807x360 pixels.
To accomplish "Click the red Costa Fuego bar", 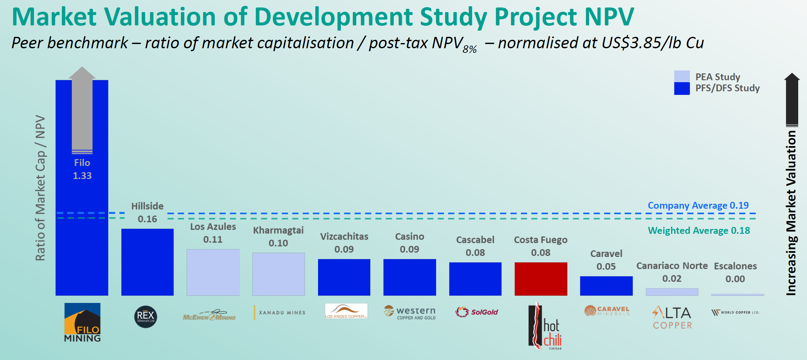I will [541, 279].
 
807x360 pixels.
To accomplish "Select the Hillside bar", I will [147, 262].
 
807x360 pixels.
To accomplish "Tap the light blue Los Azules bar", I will [213, 272].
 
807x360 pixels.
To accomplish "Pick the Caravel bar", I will [606, 286].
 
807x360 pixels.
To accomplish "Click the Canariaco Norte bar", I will [672, 292].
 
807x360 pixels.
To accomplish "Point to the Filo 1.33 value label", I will [82, 176].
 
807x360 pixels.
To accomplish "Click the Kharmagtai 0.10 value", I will [278, 243].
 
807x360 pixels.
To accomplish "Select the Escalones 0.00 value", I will [735, 279].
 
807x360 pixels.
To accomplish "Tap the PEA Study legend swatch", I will [682, 76].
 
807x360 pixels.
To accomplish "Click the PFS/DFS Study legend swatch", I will [682, 88].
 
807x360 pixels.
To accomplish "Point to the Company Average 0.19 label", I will [698, 205].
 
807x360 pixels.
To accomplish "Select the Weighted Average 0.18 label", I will [699, 231].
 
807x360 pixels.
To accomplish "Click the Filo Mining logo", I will [82, 322].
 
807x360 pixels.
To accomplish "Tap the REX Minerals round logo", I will [145, 316].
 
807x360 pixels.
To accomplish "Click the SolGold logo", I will [477, 312].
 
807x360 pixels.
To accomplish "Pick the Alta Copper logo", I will [672, 317].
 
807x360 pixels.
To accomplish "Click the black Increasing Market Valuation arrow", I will [792, 99].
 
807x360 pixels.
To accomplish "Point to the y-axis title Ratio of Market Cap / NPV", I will [40, 188].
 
